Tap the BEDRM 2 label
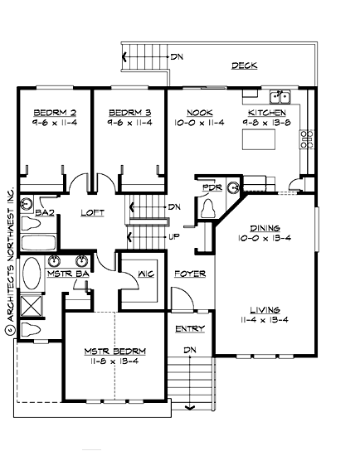coord(49,112)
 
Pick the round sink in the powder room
coord(233,187)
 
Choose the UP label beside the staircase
coord(174,236)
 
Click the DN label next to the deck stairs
coord(177,57)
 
